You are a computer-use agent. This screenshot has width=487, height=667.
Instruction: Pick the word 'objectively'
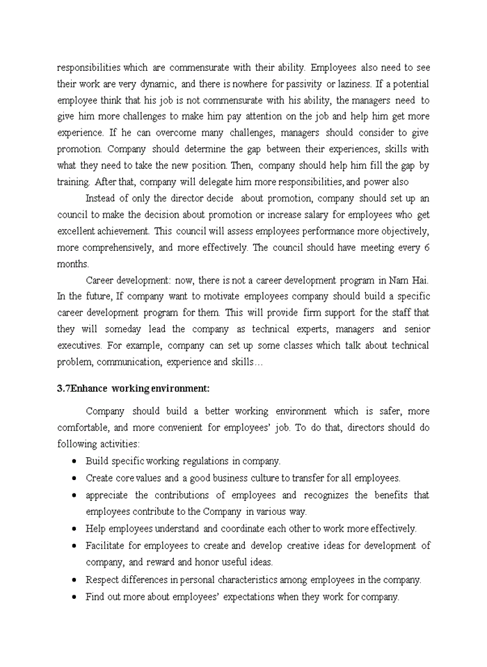(x=398, y=231)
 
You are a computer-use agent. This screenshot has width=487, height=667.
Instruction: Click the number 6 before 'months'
(x=426, y=247)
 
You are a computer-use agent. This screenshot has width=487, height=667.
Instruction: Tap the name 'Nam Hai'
(x=410, y=280)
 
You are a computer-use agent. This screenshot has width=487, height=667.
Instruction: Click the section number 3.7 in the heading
(x=63, y=388)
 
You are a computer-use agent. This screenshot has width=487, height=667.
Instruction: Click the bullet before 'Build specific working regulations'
(x=74, y=461)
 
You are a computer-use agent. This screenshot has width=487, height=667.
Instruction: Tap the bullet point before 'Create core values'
(x=74, y=478)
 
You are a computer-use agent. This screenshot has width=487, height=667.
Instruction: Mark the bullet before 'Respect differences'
(x=74, y=580)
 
